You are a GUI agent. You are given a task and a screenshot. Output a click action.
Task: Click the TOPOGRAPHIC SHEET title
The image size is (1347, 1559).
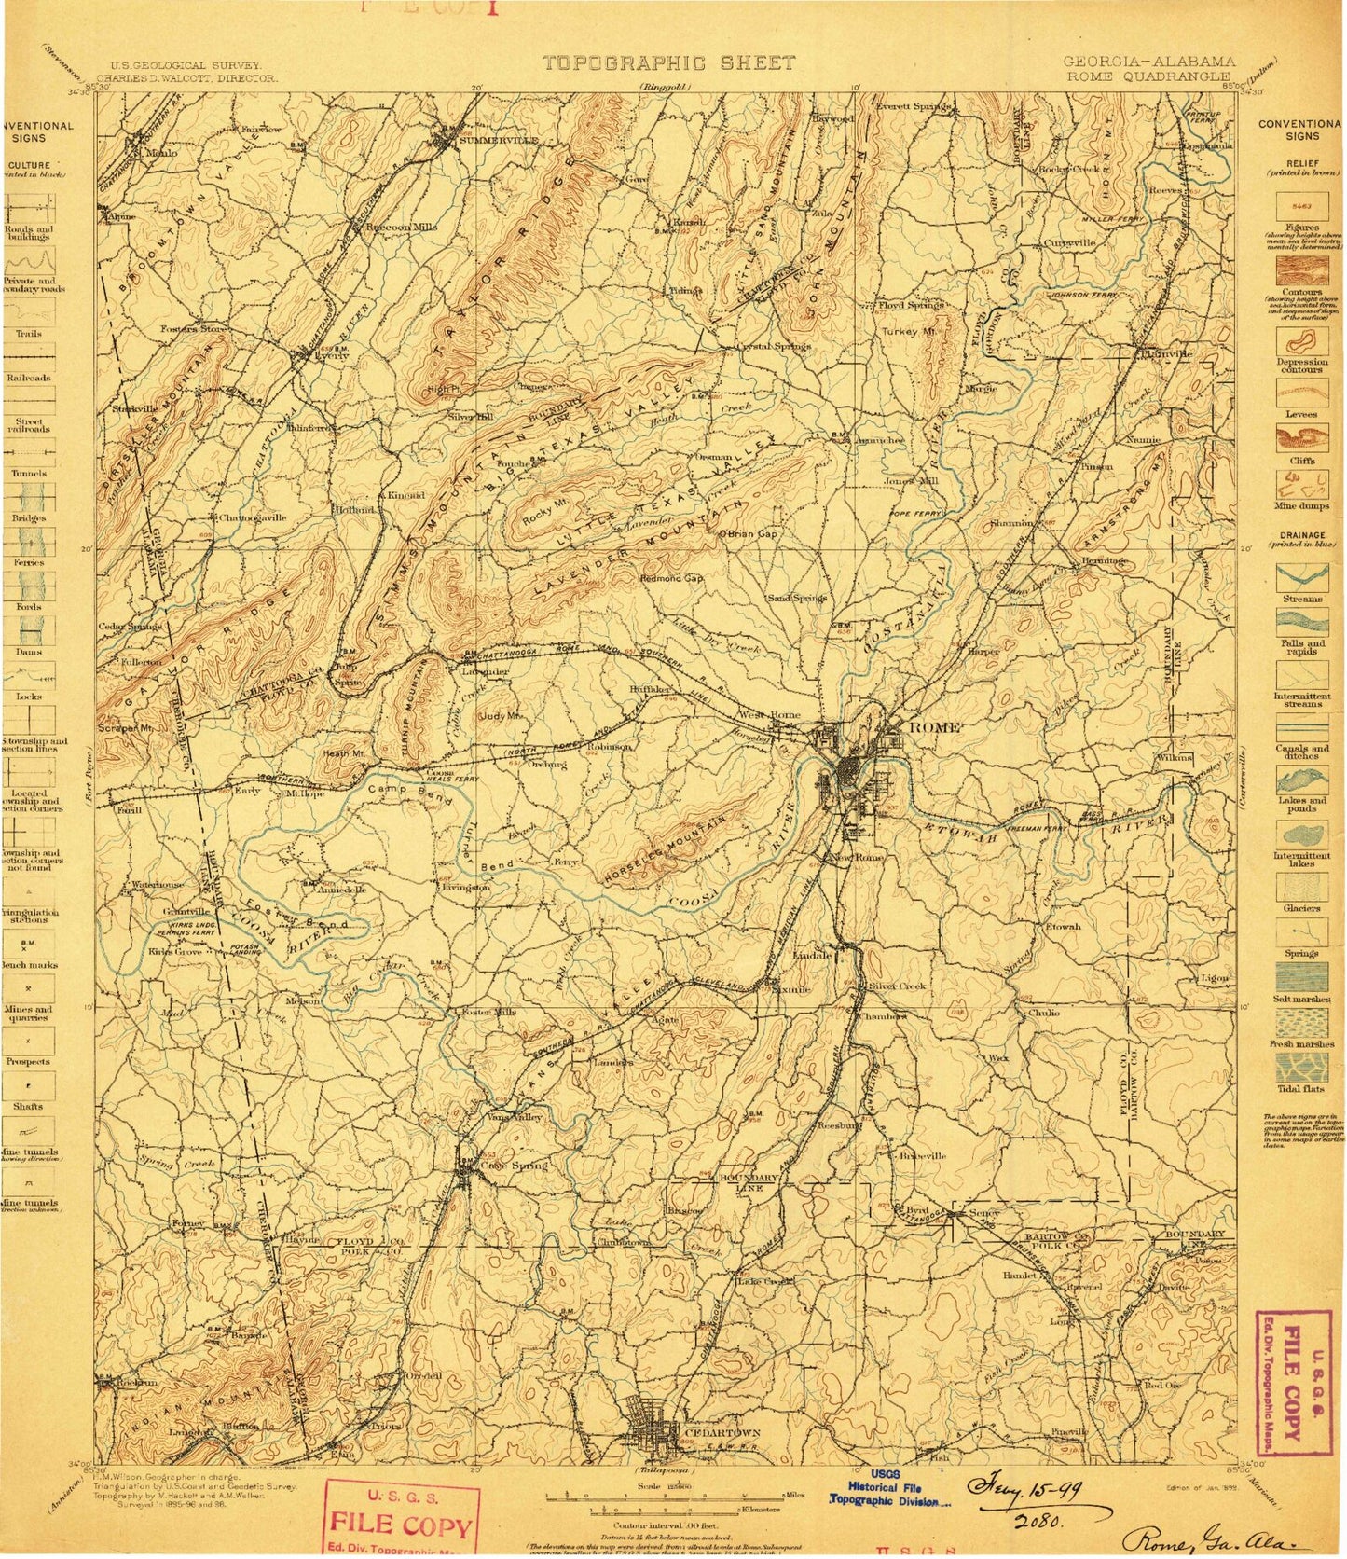tap(669, 63)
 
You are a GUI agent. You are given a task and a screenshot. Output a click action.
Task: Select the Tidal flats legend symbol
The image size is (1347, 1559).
tap(1301, 1068)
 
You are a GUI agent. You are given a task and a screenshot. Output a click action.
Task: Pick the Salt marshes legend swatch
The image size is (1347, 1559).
tap(1301, 977)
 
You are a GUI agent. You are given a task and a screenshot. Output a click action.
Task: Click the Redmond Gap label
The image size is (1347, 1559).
tap(671, 578)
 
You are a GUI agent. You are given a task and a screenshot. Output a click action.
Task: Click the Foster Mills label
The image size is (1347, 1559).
tap(483, 1013)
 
